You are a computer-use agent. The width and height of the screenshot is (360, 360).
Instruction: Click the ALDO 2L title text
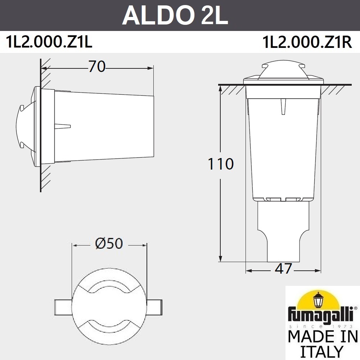(x=175, y=15)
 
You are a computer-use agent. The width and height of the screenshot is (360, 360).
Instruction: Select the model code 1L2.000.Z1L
(x=49, y=42)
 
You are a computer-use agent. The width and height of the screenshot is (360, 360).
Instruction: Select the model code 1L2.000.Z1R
(x=307, y=42)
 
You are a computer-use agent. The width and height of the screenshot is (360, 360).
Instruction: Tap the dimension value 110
(x=220, y=164)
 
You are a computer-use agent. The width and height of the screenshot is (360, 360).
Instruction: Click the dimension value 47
(x=283, y=269)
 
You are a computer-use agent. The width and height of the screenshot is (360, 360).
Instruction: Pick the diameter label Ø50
(x=109, y=244)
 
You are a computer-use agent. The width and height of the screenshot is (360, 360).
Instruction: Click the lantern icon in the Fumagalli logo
(x=319, y=300)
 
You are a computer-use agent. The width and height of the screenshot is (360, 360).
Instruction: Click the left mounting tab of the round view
(x=63, y=307)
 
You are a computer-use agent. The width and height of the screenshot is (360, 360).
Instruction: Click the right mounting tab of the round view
(x=156, y=307)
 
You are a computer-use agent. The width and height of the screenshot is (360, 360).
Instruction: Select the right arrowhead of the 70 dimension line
(x=151, y=67)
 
